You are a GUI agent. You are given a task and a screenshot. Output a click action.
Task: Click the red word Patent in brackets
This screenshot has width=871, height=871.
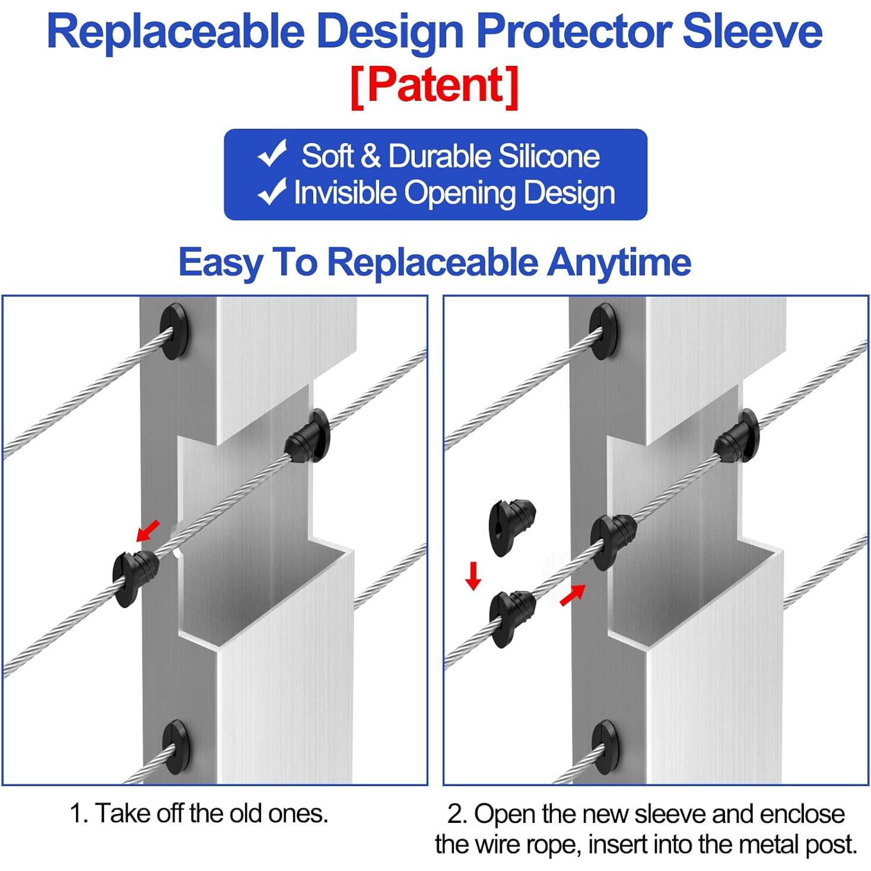(x=435, y=84)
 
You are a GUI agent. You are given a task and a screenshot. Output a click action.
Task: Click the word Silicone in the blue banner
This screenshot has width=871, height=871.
(x=549, y=157)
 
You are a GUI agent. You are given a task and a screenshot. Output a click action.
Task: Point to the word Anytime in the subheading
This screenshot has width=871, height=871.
(x=619, y=263)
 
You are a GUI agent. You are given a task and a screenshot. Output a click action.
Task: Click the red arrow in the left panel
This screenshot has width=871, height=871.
(x=148, y=530)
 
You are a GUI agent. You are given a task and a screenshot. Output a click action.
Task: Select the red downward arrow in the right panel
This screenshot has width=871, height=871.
(x=473, y=576)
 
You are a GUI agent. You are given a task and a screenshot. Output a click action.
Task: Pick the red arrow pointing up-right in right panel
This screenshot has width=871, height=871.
(x=573, y=595)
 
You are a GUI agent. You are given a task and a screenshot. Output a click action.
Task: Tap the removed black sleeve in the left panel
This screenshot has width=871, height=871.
(x=135, y=579)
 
